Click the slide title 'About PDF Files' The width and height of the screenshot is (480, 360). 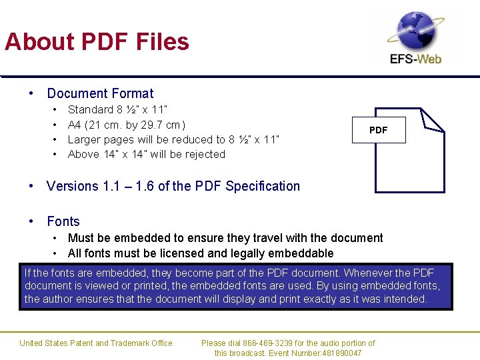(97, 42)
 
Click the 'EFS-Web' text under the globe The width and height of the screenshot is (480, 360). (416, 59)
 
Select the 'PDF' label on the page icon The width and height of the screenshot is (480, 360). (378, 130)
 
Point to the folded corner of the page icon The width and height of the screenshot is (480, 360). (431, 120)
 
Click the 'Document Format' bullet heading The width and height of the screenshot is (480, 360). (100, 93)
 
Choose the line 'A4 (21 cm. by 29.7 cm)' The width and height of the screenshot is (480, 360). (127, 125)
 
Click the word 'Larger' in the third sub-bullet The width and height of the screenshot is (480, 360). (83, 139)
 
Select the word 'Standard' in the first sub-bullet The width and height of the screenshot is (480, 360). (91, 109)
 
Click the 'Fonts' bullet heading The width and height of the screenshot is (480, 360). (63, 221)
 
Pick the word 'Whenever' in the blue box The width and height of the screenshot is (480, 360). (367, 273)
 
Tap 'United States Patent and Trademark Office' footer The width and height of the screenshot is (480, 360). (96, 343)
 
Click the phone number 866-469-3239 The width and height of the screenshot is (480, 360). (275, 343)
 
